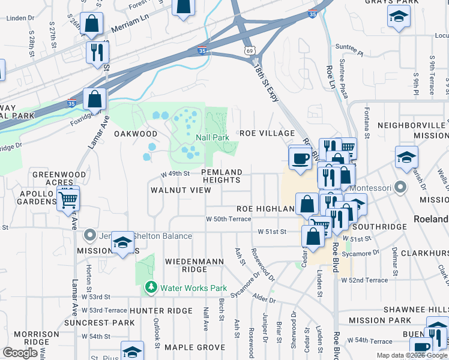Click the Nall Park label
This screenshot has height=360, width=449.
[212, 137]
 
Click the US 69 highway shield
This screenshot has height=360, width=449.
[249, 51]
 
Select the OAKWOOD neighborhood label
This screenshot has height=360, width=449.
[136, 134]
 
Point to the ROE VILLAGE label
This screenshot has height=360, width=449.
[267, 133]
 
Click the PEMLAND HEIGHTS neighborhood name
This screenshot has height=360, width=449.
[222, 176]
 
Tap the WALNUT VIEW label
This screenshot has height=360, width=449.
[181, 190]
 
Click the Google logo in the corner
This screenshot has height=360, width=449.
[20, 353]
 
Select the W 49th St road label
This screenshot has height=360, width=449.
[175, 174]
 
